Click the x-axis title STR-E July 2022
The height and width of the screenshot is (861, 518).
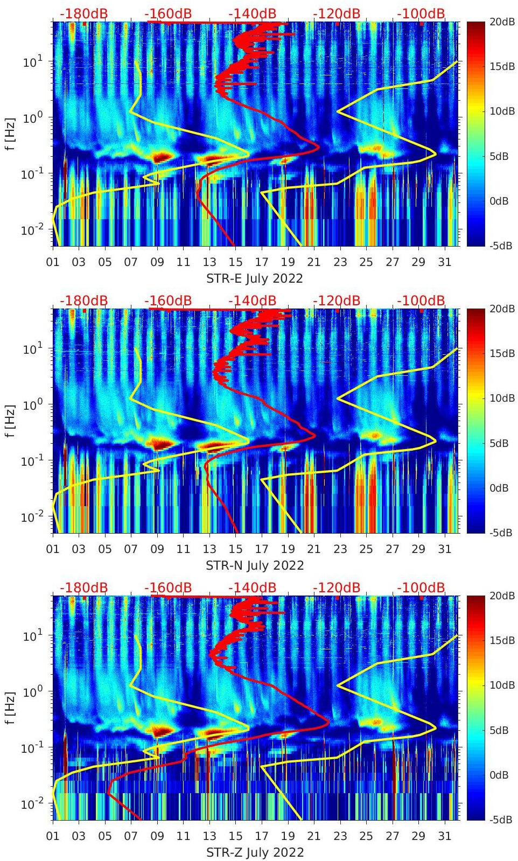(255, 278)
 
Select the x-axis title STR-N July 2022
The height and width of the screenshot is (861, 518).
(255, 565)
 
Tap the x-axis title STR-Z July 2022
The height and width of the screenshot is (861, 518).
(255, 852)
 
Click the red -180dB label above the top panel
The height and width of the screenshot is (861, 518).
(83, 13)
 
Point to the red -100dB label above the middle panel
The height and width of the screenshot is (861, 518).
(421, 300)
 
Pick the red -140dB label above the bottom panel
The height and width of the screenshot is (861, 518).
(253, 587)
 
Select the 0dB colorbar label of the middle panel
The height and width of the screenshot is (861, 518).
(499, 488)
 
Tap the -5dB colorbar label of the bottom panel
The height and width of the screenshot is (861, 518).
(500, 820)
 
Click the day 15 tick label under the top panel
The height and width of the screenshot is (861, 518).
(235, 262)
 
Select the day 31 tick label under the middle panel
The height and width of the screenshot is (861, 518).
(444, 549)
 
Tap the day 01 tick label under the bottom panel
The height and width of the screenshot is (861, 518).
(53, 836)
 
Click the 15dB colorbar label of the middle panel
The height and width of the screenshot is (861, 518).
(502, 353)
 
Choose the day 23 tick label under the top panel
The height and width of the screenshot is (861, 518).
(340, 262)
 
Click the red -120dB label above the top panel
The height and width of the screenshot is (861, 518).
(337, 13)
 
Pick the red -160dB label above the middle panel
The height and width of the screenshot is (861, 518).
(168, 300)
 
